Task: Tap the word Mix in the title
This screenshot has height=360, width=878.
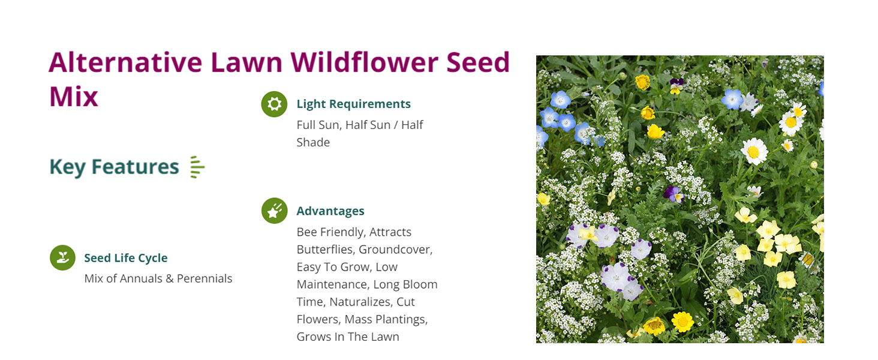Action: click(x=73, y=96)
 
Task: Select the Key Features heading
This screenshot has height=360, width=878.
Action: click(x=114, y=167)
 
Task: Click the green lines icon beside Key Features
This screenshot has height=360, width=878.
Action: click(x=197, y=167)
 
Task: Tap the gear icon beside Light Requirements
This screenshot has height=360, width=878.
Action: click(x=274, y=104)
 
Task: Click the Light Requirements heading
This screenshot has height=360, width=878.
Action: click(x=353, y=104)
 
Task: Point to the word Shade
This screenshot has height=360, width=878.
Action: click(x=313, y=142)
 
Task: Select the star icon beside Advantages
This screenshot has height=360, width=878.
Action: click(x=274, y=211)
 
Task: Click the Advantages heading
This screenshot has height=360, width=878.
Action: click(x=330, y=211)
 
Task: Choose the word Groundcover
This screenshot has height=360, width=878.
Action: click(x=395, y=250)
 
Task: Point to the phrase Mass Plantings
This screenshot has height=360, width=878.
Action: click(x=386, y=319)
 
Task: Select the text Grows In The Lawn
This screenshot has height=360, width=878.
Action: click(x=347, y=337)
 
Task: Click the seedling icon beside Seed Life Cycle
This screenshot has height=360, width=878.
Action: click(x=62, y=258)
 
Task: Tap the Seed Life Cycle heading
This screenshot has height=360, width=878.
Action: click(x=125, y=258)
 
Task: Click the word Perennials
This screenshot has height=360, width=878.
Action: click(x=204, y=278)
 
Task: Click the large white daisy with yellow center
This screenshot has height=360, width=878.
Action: click(x=754, y=151)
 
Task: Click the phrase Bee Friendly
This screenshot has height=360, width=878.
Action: click(x=330, y=232)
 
